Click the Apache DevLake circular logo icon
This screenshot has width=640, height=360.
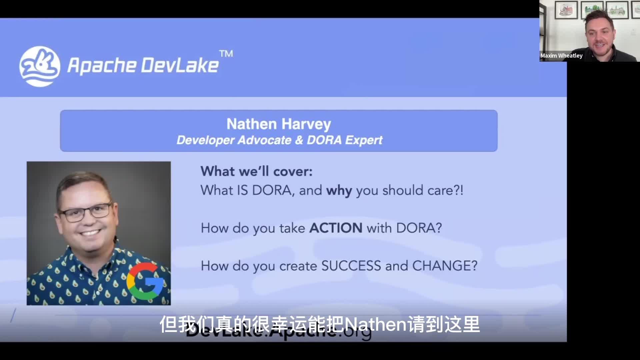(40, 66)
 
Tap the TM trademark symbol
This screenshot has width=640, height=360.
(226, 53)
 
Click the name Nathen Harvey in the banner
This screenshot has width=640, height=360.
(279, 124)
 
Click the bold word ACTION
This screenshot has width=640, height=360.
(336, 228)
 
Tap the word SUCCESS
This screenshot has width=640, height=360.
(351, 266)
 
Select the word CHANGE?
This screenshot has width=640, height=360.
(445, 266)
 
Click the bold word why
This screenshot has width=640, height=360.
(339, 191)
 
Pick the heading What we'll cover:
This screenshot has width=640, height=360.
(256, 171)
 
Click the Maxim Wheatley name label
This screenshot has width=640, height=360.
(561, 56)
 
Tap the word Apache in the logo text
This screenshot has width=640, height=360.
(102, 65)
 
